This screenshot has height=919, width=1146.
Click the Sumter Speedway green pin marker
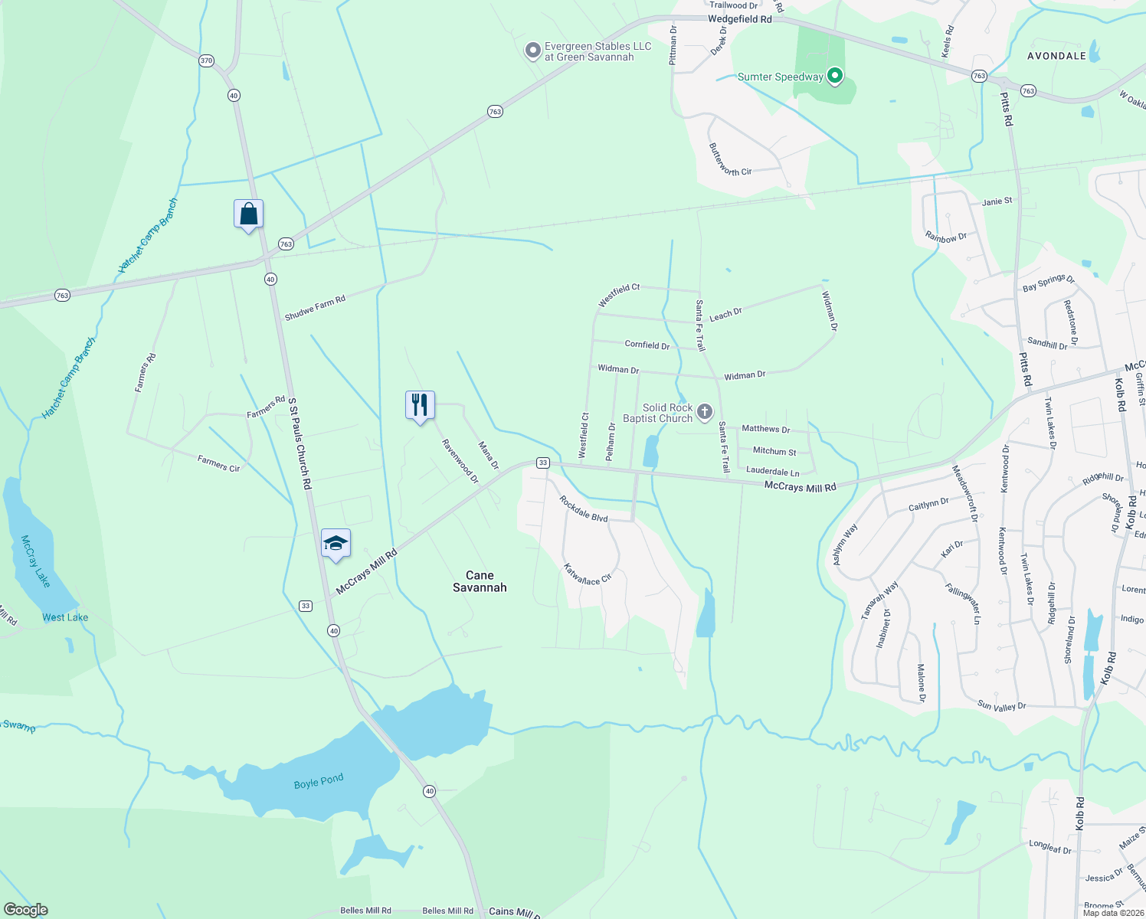(836, 76)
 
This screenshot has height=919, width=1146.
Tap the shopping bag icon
(249, 214)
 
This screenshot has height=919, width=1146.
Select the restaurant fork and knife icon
(420, 405)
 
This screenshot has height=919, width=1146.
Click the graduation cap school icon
(336, 543)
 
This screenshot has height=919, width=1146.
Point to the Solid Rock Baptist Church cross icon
(705, 413)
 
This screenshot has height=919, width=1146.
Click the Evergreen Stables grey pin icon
(532, 51)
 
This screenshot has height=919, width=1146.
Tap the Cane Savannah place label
(480, 581)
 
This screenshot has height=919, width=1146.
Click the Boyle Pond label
(319, 782)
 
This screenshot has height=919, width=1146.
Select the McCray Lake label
(35, 561)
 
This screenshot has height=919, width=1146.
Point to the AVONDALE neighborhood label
(1056, 56)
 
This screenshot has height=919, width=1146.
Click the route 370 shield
(205, 61)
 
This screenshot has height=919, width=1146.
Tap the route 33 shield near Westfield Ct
(542, 463)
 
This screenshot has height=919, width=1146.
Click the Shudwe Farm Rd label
(315, 308)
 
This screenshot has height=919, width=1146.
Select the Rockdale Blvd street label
(583, 509)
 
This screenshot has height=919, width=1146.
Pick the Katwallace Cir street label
(588, 574)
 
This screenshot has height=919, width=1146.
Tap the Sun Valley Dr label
(1001, 706)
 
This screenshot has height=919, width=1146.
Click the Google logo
(25, 910)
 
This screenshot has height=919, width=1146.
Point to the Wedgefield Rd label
(739, 19)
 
